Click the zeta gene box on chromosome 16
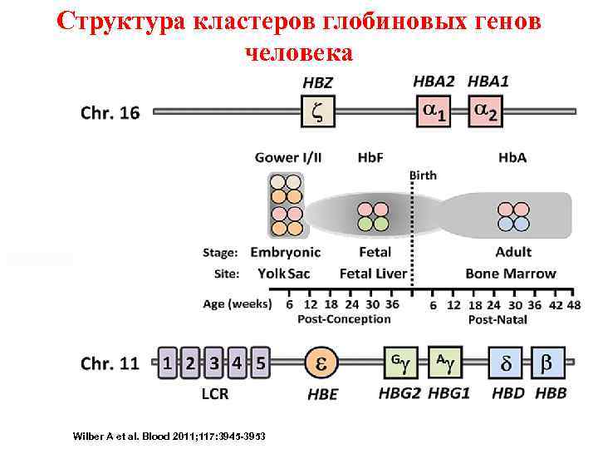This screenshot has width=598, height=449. point(316,111)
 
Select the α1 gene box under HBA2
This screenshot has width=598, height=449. point(433,111)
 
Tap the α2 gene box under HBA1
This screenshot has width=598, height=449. point(485,111)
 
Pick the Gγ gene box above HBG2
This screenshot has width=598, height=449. point(400,363)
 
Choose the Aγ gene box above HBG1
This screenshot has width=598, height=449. point(444,363)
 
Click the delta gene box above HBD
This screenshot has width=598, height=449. point(506,363)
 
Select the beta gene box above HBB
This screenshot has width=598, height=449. point(547,363)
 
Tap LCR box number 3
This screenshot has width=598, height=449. point(214,363)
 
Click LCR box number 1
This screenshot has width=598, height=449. point(168,363)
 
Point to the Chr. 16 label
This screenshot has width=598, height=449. point(110,112)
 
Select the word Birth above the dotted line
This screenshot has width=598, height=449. point(423,175)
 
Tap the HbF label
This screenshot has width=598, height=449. point(370,158)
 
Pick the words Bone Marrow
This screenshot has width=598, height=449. point(511,274)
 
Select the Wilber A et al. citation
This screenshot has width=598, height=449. point(169,436)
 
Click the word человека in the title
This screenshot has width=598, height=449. point(299,52)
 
